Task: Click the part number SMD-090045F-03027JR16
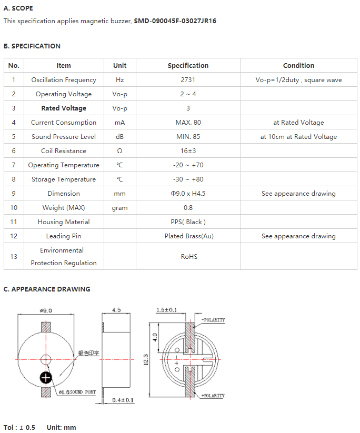(x=175, y=21)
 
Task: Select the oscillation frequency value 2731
(x=188, y=80)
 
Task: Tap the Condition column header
(x=298, y=65)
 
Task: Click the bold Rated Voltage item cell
(x=64, y=108)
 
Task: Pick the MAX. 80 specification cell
(x=188, y=123)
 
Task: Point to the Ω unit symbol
(x=119, y=151)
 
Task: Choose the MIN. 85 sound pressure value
(x=188, y=137)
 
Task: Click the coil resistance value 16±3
(x=188, y=151)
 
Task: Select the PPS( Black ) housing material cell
(x=188, y=222)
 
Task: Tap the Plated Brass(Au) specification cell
(x=189, y=236)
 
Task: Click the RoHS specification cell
(x=189, y=257)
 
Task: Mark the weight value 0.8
(x=188, y=208)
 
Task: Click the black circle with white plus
(x=46, y=378)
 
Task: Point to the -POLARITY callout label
(x=213, y=320)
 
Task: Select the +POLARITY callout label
(x=213, y=396)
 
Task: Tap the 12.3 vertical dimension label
(x=146, y=360)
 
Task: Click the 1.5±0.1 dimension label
(x=167, y=310)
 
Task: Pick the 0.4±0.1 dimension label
(x=123, y=400)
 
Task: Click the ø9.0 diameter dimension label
(x=46, y=310)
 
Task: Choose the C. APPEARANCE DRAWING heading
(x=47, y=289)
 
